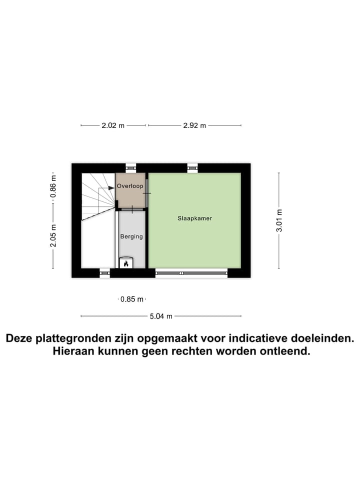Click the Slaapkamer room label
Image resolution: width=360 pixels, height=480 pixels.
tap(195, 218)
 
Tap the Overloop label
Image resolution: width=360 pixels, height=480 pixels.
tap(130, 186)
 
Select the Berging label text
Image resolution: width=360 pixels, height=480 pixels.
tap(131, 236)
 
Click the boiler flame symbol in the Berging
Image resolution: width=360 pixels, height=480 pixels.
tap(126, 263)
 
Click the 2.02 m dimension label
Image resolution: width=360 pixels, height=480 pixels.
tap(112, 125)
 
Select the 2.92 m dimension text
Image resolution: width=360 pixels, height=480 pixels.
tap(194, 125)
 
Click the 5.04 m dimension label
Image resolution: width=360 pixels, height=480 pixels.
tap(161, 316)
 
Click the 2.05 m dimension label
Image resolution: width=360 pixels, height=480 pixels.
tap(54, 234)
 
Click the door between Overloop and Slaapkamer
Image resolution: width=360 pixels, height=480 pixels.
tap(147, 192)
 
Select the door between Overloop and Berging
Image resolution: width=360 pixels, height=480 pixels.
tap(132, 208)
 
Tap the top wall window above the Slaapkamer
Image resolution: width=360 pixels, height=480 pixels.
tap(192, 168)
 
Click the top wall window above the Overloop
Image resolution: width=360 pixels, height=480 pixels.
tap(130, 168)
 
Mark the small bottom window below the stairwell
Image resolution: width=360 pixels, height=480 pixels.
tap(104, 273)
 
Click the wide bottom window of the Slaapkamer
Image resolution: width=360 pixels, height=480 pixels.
tap(191, 273)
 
